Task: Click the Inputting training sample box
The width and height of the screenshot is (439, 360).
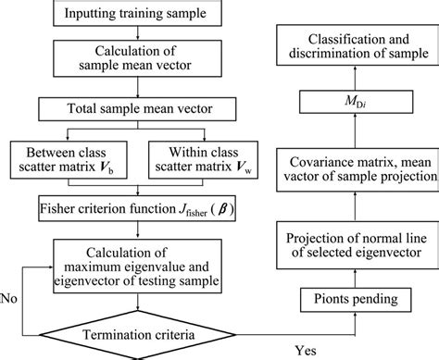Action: pyautogui.click(x=138, y=14)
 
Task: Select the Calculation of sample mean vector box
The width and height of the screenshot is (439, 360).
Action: pyautogui.click(x=138, y=63)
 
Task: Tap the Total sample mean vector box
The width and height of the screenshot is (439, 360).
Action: pyautogui.click(x=138, y=110)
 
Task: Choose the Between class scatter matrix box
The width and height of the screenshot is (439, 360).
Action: pyautogui.click(x=81, y=156)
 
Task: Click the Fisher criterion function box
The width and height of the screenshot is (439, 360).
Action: pyautogui.click(x=138, y=203)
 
